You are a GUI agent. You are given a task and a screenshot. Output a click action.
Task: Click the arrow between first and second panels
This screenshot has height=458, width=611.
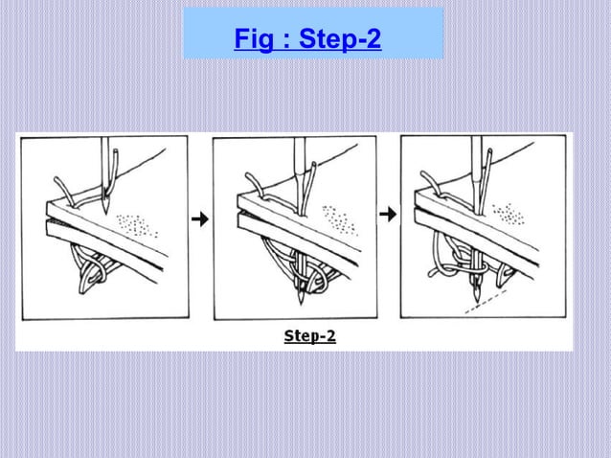click(200, 219)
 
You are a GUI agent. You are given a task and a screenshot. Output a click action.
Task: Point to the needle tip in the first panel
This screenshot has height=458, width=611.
click(105, 210)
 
